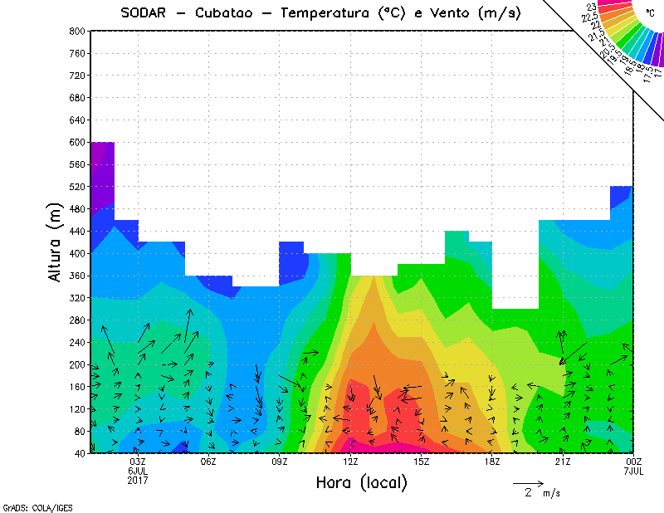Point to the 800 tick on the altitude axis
point(76,31)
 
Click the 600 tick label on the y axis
point(76,142)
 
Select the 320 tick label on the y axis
point(76,297)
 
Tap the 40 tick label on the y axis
point(79,453)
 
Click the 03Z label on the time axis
point(138,462)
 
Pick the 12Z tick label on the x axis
point(350,462)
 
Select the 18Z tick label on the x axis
point(492,462)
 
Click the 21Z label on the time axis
point(563,462)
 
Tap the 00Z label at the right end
point(634,462)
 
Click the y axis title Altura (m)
point(56,242)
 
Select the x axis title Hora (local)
point(361,483)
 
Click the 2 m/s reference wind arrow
point(527,482)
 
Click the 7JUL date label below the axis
point(634,471)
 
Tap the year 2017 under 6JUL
point(138,480)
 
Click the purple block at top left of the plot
point(102,174)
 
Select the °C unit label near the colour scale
point(650,13)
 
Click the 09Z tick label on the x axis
point(280,462)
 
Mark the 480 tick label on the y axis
point(76,208)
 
